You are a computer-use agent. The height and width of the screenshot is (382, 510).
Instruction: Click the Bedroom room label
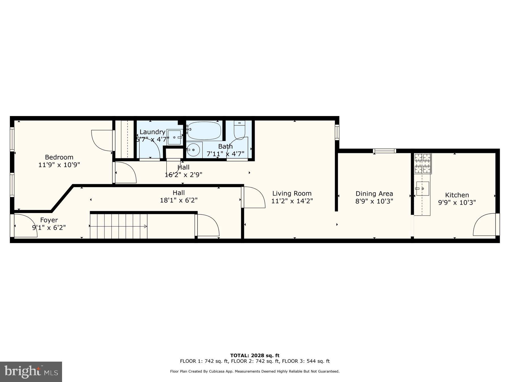click(x=59, y=157)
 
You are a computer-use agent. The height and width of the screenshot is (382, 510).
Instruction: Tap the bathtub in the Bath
click(x=204, y=130)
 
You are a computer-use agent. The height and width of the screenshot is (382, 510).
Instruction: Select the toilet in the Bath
click(x=239, y=130)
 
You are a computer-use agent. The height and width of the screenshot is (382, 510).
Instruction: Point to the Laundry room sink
click(x=174, y=137)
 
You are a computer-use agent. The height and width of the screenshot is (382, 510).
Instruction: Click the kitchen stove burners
click(x=422, y=164)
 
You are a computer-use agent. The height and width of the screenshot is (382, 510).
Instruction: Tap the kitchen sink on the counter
click(x=422, y=188)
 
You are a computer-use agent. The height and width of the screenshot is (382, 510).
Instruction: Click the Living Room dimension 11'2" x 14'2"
click(x=292, y=201)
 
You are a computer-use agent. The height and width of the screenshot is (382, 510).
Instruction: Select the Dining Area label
click(x=374, y=194)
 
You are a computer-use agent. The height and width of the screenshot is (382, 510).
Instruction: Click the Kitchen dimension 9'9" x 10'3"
click(x=457, y=203)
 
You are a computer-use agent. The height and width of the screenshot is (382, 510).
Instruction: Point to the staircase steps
click(x=118, y=226)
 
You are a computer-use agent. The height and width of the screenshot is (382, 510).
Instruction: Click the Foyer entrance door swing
click(x=25, y=226)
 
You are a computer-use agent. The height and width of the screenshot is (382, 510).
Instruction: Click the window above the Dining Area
click(x=384, y=151)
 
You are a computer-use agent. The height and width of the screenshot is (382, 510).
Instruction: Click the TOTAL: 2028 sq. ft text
click(x=254, y=355)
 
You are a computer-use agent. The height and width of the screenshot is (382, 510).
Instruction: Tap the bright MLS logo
click(x=31, y=372)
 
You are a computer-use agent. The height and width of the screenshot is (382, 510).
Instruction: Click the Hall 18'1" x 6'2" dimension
click(x=178, y=200)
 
